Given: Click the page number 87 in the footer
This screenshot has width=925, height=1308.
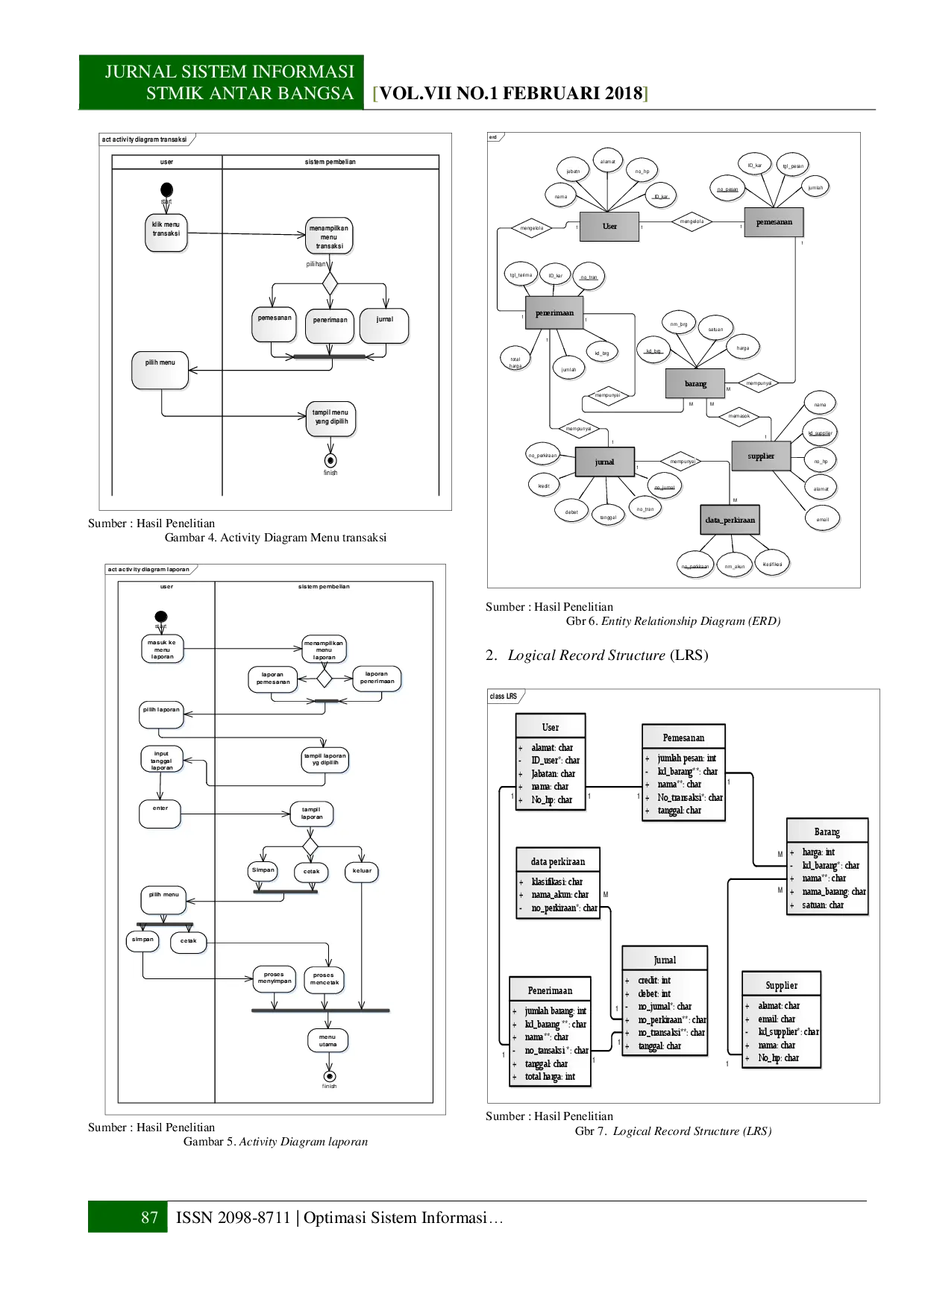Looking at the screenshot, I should coord(149,1217).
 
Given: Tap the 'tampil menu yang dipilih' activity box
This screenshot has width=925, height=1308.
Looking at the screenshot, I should coord(330,418).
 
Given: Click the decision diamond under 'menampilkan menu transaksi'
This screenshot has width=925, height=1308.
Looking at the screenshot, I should coord(330,283).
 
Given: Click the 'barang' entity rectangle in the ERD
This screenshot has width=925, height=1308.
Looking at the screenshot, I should coord(695,383).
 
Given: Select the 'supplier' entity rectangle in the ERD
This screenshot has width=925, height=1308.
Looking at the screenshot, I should coord(760,456).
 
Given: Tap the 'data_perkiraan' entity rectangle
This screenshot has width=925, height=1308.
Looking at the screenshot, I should coord(730,521).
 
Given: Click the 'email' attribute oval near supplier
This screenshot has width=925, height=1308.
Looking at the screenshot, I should coord(822,519).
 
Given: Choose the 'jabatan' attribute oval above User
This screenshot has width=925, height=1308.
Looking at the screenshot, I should coord(573,171).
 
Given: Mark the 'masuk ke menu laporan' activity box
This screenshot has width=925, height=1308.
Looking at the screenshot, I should coord(163,650).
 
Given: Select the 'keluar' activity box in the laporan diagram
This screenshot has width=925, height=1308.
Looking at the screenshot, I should coord(362,871).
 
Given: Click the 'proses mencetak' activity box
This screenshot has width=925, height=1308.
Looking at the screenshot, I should coord(324,979).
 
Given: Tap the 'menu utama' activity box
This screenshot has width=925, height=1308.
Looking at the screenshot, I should coord(327,1040).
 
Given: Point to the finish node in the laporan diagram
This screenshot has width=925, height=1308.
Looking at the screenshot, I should coord(328,1076).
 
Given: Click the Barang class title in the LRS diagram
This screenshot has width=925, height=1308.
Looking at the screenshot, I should coord(827,831).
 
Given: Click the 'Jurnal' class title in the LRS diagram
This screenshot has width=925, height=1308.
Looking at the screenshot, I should coord(665,960).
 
